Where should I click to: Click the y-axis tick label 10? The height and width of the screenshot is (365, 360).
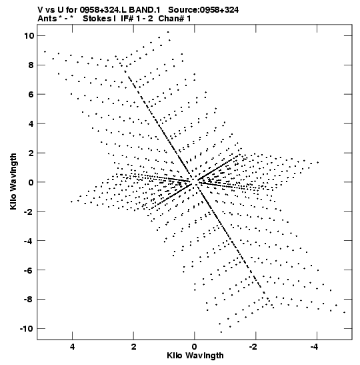click(29, 36)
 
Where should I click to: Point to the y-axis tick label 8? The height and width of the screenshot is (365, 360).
click(31, 65)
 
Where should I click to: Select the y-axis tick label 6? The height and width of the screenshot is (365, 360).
click(31, 95)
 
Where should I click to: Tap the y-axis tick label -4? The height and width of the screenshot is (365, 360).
click(29, 241)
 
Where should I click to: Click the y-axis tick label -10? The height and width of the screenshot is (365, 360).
click(27, 329)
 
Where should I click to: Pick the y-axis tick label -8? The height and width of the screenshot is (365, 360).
click(29, 300)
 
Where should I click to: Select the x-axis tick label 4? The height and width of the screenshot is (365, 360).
click(72, 347)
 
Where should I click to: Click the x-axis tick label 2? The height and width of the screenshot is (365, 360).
click(133, 347)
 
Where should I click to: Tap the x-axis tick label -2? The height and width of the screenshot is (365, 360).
click(253, 347)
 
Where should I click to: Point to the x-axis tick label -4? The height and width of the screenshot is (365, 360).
click(315, 347)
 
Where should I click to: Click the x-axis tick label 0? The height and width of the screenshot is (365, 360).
click(195, 347)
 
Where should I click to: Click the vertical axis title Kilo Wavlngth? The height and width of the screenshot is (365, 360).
click(13, 181)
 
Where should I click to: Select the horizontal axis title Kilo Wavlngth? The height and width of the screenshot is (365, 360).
click(195, 356)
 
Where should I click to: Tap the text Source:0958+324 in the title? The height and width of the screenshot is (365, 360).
click(203, 10)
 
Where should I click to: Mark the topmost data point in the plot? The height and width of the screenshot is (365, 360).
click(168, 32)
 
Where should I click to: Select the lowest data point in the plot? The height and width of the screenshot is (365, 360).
click(221, 332)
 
